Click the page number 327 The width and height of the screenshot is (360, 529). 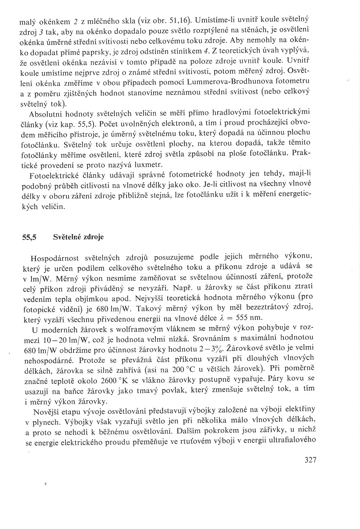pyautogui.click(x=310, y=460)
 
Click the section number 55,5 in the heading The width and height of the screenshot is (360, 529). pyautogui.click(x=29, y=237)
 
